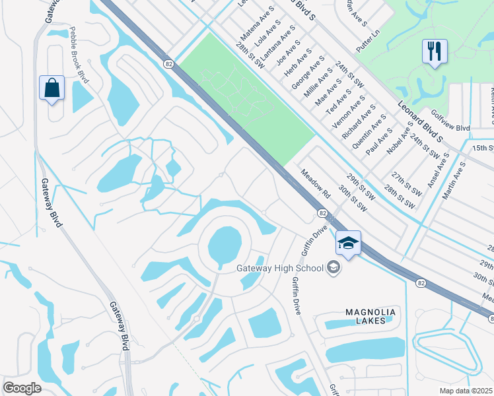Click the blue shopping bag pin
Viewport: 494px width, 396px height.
pyautogui.click(x=52, y=88)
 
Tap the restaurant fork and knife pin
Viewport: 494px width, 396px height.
pyautogui.click(x=434, y=52)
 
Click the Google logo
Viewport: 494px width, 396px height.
pyautogui.click(x=22, y=387)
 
